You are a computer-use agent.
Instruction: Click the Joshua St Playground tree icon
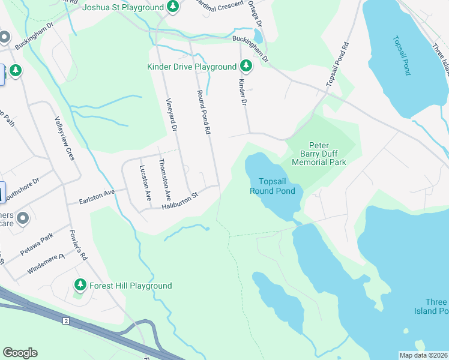point(173,7)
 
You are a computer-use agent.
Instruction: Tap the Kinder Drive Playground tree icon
point(246,65)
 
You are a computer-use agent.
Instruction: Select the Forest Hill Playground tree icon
point(79,284)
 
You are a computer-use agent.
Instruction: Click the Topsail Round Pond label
point(277,186)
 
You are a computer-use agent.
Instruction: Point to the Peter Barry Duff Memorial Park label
point(319,154)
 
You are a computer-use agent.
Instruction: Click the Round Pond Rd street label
point(204,112)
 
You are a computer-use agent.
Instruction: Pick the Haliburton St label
point(179,202)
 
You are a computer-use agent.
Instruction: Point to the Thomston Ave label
point(164,179)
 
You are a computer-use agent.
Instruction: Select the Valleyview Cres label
point(64,138)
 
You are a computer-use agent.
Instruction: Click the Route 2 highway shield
point(65,322)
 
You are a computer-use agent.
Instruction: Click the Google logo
point(20,352)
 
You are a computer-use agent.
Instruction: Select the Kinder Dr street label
point(243,92)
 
